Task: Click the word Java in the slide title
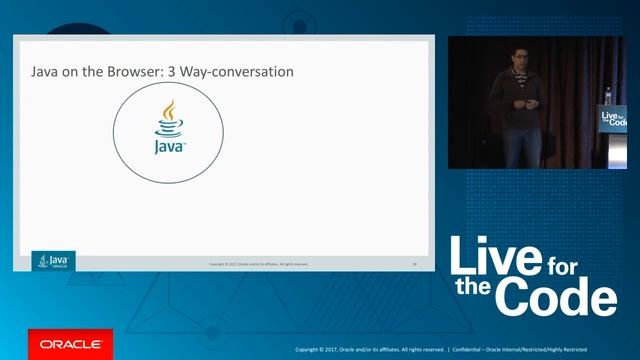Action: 48,74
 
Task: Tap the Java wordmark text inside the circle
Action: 169,147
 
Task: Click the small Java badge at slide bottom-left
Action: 54,262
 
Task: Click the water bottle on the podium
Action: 605,96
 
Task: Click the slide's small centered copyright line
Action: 258,264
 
